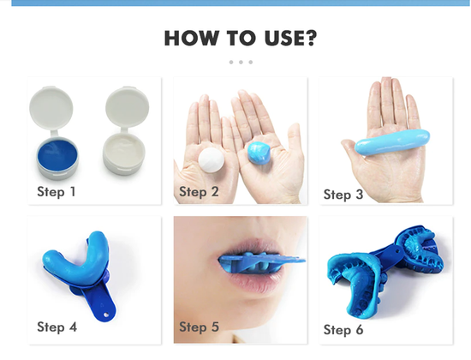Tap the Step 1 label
[x=57, y=191]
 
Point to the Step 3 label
[x=343, y=195]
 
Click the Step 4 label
[x=57, y=327]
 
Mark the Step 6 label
[x=343, y=329]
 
